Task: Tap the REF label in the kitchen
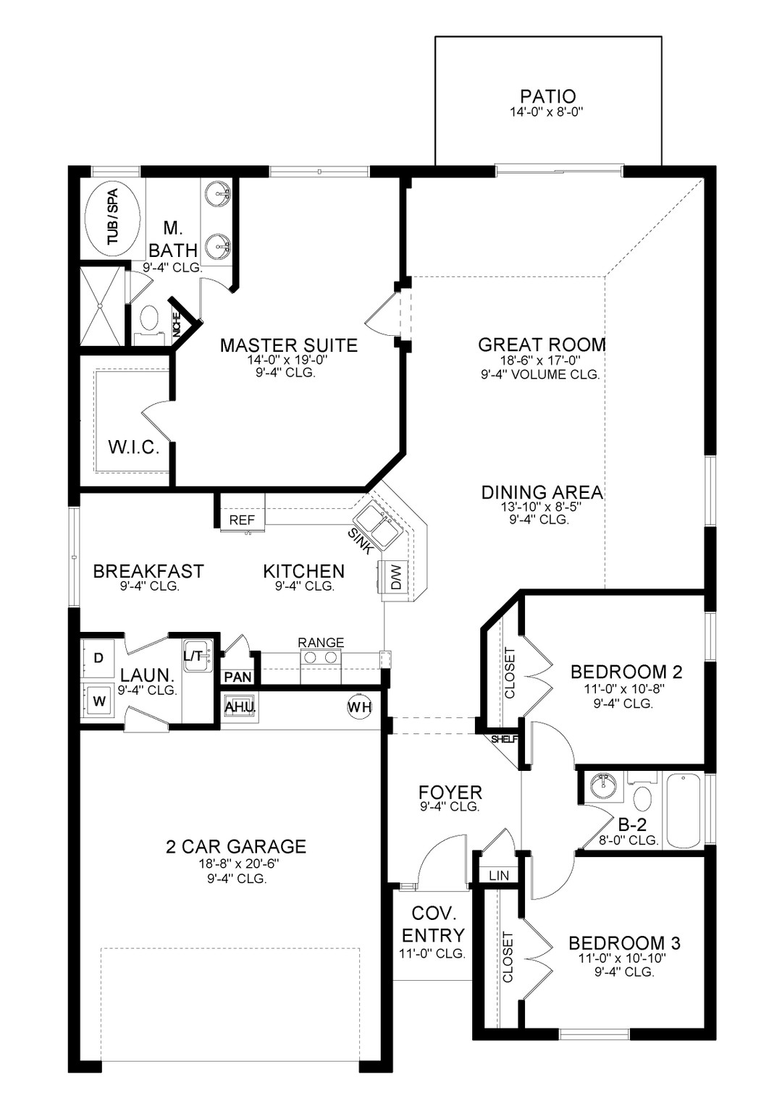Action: click(242, 520)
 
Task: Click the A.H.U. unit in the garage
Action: click(240, 707)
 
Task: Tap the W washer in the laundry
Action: click(99, 701)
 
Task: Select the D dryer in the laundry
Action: click(98, 658)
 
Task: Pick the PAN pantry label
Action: click(237, 677)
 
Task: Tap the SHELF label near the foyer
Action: click(505, 739)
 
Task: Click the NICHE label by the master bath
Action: click(177, 327)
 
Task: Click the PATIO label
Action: click(548, 96)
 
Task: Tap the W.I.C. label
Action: click(133, 447)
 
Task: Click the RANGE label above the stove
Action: click(321, 642)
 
